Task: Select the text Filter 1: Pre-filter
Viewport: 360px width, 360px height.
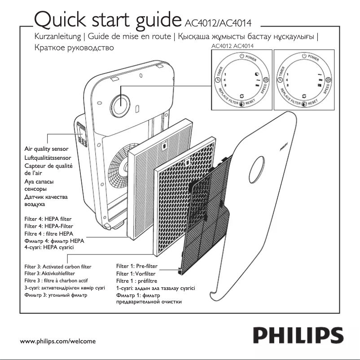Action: coord(137,266)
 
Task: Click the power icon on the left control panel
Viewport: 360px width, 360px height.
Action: coord(242,57)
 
